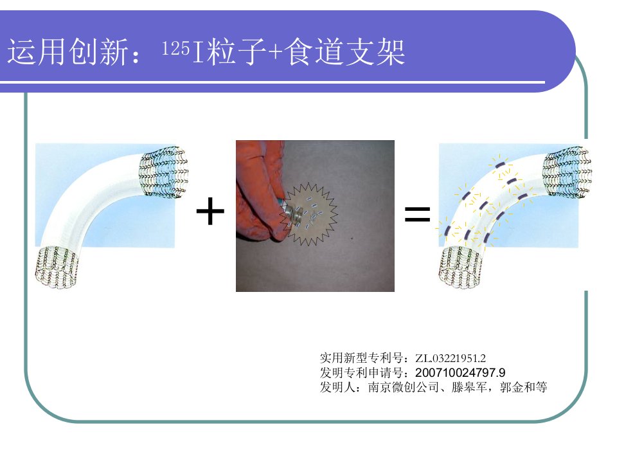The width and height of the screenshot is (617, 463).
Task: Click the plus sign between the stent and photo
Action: pyautogui.click(x=210, y=211)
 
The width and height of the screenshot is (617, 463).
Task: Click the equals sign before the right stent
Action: pyautogui.click(x=418, y=214)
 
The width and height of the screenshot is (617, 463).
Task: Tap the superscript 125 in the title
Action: pyautogui.click(x=176, y=48)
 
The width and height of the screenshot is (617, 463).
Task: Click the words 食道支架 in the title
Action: pyautogui.click(x=344, y=51)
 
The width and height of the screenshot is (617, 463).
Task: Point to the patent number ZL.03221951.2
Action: pyautogui.click(x=450, y=358)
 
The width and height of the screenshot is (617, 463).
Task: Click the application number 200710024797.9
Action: pyautogui.click(x=460, y=372)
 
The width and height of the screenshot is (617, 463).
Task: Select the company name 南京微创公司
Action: pyautogui.click(x=404, y=387)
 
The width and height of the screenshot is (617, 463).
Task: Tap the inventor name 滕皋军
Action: pyautogui.click(x=469, y=387)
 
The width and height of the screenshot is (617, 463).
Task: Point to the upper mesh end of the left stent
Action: pyautogui.click(x=164, y=170)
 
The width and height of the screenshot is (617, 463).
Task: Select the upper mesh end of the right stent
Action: pyautogui.click(x=568, y=170)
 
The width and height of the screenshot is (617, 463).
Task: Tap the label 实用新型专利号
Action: pyautogui.click(x=361, y=358)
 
